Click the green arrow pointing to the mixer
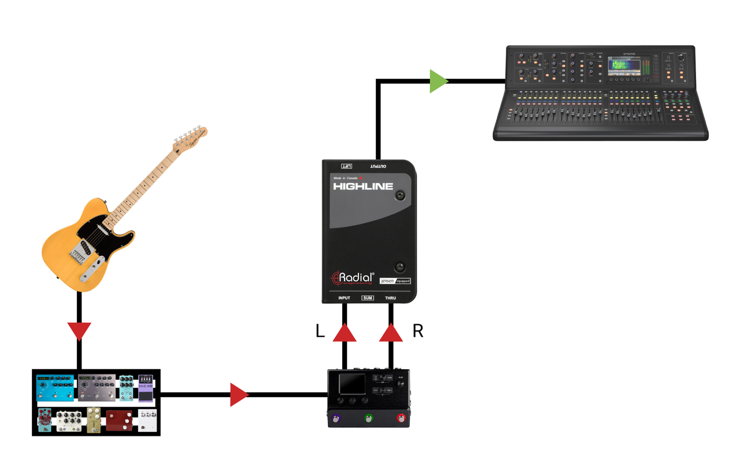click(438, 81)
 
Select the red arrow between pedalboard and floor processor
click(238, 395)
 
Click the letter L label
click(320, 331)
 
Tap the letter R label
click(417, 331)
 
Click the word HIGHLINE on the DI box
click(363, 186)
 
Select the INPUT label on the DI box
click(344, 298)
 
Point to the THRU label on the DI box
click(391, 298)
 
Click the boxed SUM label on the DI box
click(368, 298)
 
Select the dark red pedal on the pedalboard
click(119, 421)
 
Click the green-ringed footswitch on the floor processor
click(368, 418)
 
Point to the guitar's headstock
click(191, 137)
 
